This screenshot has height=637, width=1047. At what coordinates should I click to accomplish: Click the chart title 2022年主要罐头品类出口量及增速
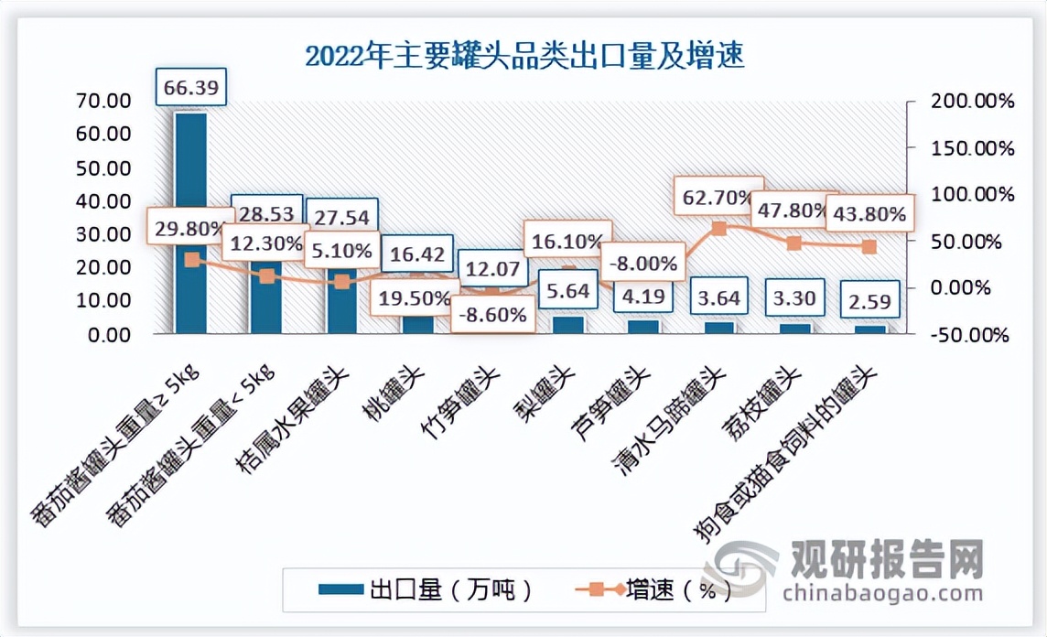point(524,57)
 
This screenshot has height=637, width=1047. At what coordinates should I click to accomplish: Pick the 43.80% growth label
point(868,214)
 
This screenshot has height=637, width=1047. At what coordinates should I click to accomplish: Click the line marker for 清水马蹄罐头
point(719,229)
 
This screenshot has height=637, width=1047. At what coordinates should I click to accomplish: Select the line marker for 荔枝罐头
point(793,243)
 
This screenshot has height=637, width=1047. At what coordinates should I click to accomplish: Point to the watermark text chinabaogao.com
point(883,593)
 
